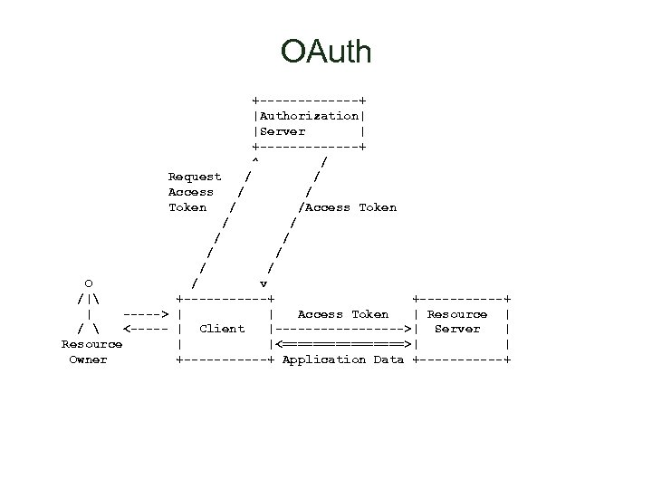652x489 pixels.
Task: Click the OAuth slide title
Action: [x=326, y=52]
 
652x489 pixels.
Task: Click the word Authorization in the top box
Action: [x=309, y=116]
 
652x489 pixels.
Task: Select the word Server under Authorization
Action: [x=283, y=131]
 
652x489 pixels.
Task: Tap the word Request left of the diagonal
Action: [x=195, y=177]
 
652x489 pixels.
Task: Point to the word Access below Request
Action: [x=191, y=192]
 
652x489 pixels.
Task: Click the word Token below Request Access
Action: [x=187, y=207]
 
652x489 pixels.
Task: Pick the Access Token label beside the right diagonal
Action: [x=351, y=207]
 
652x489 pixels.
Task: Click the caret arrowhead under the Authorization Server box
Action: [x=255, y=161]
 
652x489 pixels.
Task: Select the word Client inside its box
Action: [x=222, y=329]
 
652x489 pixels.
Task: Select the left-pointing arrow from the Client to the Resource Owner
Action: [x=147, y=329]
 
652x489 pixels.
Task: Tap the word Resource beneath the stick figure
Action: [x=91, y=344]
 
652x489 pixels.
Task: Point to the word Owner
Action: [x=88, y=360]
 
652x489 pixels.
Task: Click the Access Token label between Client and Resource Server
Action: [x=343, y=314]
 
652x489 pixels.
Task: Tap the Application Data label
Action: [x=343, y=360]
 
